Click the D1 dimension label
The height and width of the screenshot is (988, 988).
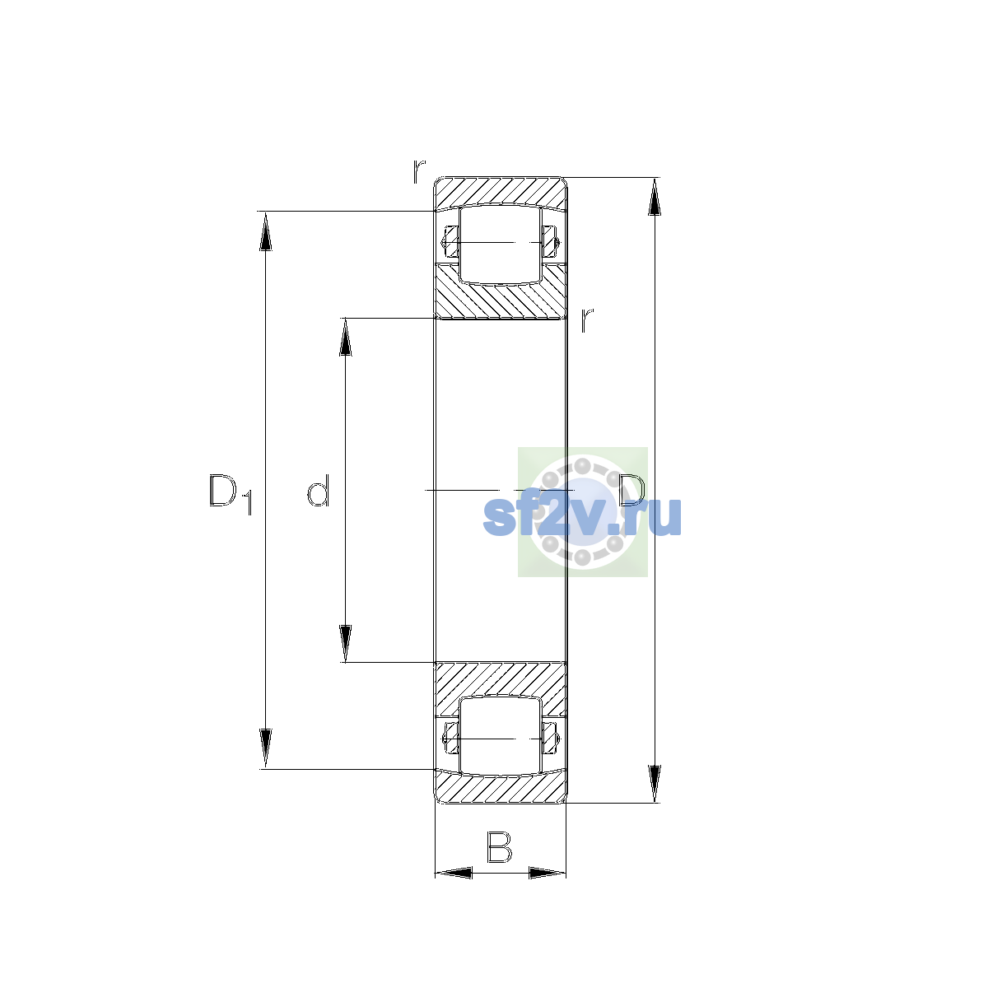point(231,494)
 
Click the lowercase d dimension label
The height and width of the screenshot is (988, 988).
point(318,491)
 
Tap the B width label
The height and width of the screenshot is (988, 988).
point(499,848)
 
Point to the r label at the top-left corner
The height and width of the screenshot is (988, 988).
point(419,172)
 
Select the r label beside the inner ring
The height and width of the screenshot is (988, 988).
point(587,320)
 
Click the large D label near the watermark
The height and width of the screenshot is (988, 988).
point(631,490)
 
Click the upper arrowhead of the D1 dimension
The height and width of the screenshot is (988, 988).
point(266,231)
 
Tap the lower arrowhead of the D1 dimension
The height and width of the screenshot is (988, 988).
point(266,748)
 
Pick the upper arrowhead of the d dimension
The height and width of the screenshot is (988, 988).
point(346,338)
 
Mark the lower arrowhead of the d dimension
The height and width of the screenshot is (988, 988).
point(346,644)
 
